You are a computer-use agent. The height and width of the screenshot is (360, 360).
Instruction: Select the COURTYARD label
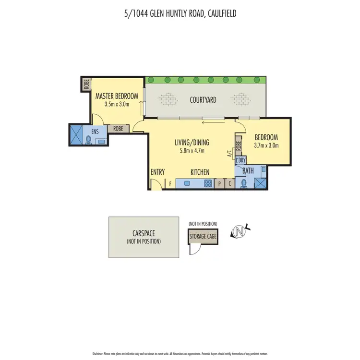203,100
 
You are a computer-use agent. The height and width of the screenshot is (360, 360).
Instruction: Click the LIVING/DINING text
192,143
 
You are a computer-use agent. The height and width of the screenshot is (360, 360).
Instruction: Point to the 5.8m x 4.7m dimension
192,151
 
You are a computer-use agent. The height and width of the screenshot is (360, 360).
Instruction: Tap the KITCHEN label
200,172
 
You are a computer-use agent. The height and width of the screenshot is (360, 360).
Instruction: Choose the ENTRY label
157,172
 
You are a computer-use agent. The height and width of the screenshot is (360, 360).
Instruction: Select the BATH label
248,170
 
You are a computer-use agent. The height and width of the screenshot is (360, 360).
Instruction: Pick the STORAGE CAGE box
204,236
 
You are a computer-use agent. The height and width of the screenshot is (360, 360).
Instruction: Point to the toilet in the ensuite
88,139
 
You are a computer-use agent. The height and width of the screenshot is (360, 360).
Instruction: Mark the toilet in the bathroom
243,184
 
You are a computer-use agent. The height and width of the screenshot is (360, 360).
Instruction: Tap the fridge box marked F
170,183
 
